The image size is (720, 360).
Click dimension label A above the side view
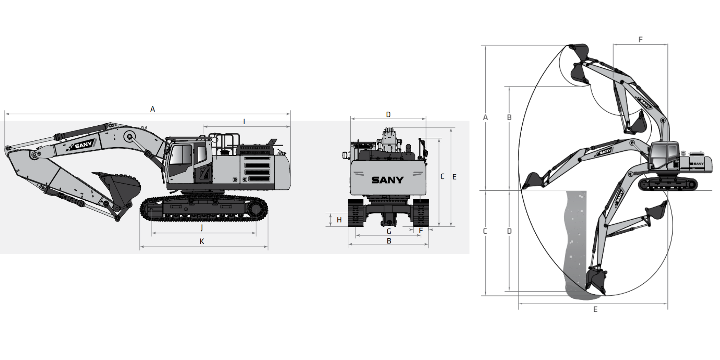(x=153, y=109)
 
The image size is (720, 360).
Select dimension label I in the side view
(x=244, y=122)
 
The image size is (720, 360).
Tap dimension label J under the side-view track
(x=202, y=228)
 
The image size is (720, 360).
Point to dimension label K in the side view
(x=202, y=241)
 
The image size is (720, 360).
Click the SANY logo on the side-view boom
(x=83, y=144)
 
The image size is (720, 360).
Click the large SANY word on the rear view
(x=388, y=180)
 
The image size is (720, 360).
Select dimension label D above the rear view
(x=388, y=114)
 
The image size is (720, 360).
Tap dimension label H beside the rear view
(x=339, y=220)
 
